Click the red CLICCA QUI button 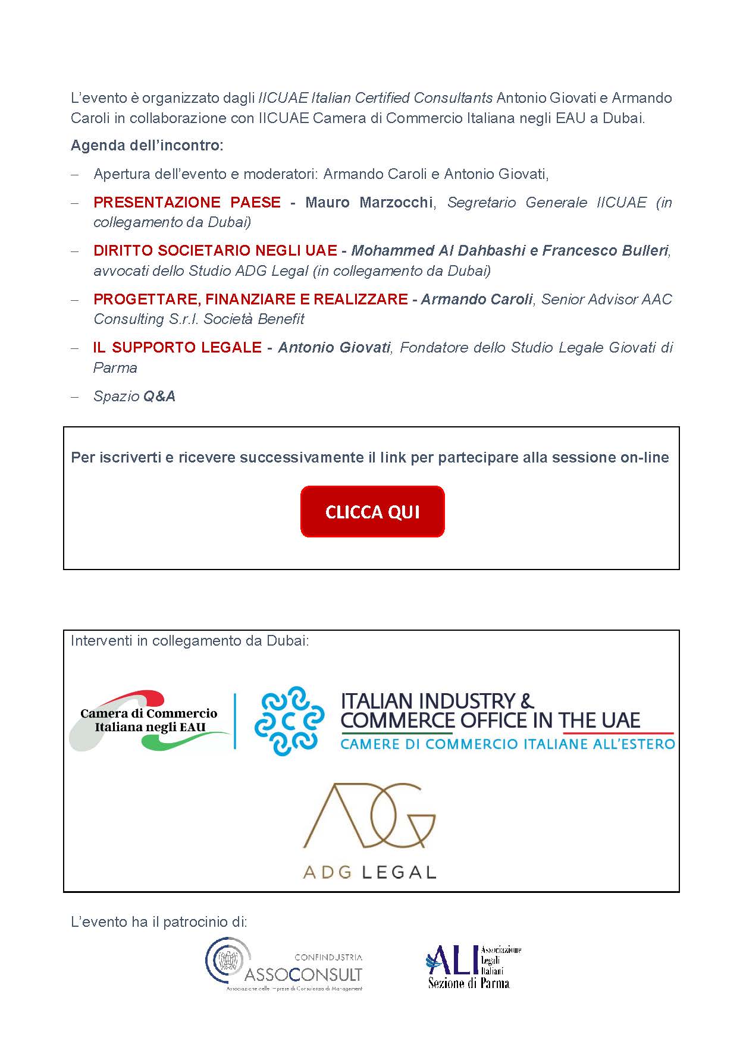click(372, 511)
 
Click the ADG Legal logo click(369, 831)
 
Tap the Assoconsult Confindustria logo click(284, 964)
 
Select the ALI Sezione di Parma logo click(473, 966)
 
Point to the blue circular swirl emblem click(289, 721)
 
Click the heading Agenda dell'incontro click(147, 146)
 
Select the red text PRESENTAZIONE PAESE click(187, 202)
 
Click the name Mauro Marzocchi click(369, 202)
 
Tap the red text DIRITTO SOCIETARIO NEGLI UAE click(215, 250)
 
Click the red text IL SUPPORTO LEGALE click(177, 347)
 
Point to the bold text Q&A click(159, 396)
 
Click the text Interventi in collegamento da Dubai click(190, 641)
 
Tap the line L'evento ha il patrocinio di click(159, 921)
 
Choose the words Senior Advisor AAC click(606, 299)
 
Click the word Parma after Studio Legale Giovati click(115, 367)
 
